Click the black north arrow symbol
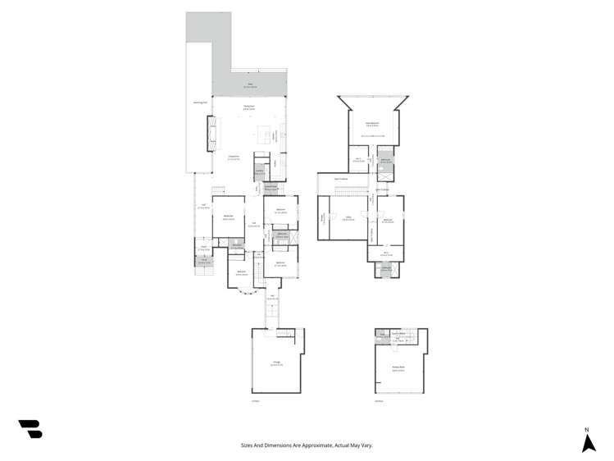[588, 443]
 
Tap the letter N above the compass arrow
[587, 430]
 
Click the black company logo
[30, 428]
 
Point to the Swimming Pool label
[199, 103]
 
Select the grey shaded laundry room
[259, 172]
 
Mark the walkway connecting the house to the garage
[271, 309]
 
